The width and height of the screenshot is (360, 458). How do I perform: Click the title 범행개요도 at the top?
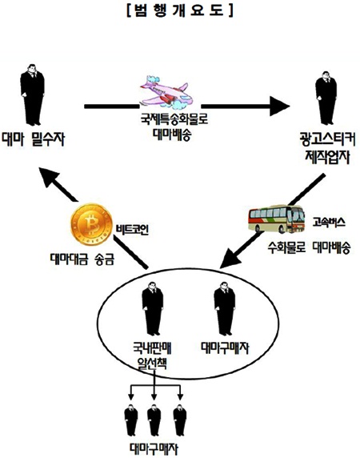(x=180, y=10)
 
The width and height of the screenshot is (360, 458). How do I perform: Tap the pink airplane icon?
(x=167, y=87)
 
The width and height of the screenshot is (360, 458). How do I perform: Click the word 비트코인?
(x=134, y=227)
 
